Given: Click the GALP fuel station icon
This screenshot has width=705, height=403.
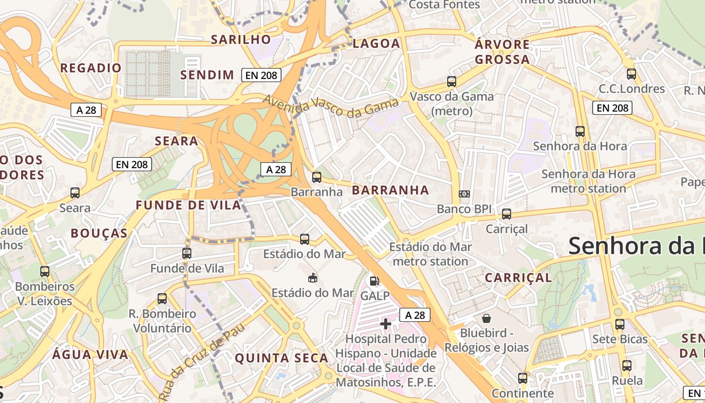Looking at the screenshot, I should tap(374, 281).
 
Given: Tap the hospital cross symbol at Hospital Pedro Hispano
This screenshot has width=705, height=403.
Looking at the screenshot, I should tap(386, 324).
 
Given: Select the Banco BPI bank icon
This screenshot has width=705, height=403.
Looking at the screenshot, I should tap(464, 194).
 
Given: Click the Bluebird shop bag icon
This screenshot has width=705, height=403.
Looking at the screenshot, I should tap(486, 318).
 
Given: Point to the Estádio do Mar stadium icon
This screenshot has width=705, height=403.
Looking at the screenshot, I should tap(313, 278).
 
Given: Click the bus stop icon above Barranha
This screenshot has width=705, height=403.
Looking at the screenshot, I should tap(316, 177).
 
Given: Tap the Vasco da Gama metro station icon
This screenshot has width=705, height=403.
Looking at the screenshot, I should tap(451, 81).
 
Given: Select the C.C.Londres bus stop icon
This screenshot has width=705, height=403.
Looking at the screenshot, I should tap(631, 74).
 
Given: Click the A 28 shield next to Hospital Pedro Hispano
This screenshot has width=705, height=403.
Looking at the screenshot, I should tap(415, 315).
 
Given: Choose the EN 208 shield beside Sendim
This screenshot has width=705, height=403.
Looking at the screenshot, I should tap(260, 75).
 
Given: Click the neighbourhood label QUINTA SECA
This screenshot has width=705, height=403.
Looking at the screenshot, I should tap(281, 358).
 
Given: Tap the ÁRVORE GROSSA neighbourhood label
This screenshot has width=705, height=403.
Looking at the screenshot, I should tap(502, 52).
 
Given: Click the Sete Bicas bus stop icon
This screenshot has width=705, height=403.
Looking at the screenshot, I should tap(619, 324).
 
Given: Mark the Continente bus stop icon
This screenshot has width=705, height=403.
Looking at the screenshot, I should tap(522, 378).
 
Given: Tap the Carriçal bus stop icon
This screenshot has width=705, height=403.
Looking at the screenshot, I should tap(506, 214).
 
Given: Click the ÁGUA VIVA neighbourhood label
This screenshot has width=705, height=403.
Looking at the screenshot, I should tap(91, 354).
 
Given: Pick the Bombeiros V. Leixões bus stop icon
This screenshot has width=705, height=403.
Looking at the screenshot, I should tap(44, 272).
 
